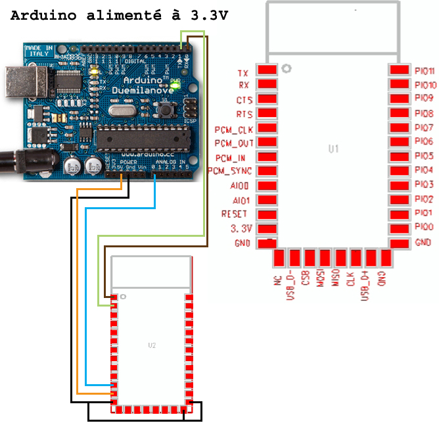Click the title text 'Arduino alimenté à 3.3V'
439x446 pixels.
pos(119,16)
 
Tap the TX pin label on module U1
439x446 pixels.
pos(243,72)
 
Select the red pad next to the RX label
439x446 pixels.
pos(267,85)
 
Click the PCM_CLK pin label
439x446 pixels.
pos(234,129)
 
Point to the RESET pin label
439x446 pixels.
pos(235,214)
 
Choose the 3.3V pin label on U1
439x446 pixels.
pos(241,229)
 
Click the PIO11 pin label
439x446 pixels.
pos(425,71)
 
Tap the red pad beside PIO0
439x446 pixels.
pos(399,228)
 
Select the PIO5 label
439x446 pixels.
pos(424,157)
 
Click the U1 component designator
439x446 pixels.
pos(334,149)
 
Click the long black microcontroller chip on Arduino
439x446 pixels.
pos(143,139)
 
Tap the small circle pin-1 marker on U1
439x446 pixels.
pos(285,68)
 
